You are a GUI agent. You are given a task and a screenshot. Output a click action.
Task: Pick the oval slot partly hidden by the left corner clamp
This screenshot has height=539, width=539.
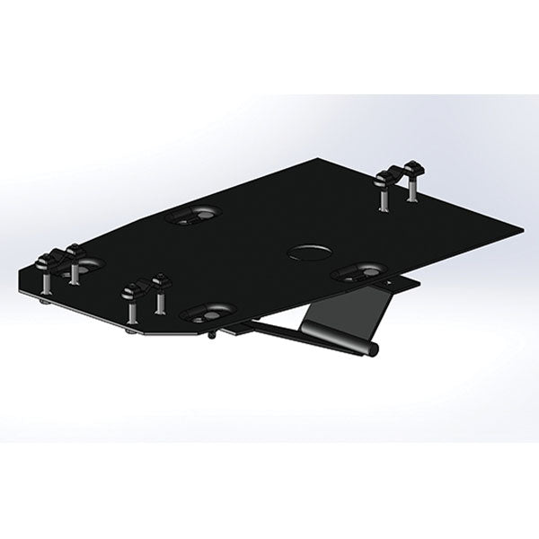coord(86,263)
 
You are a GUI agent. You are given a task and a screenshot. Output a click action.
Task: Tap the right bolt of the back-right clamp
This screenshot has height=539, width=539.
coord(413,187)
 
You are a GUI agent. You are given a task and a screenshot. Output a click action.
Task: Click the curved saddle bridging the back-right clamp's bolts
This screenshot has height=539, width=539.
coord(399,171)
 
